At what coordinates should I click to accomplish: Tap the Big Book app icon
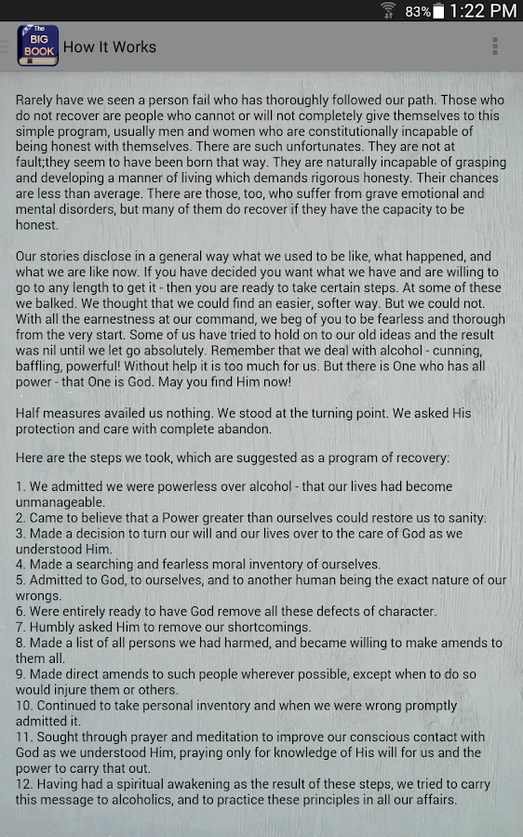point(38,46)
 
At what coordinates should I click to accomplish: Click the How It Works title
point(110,46)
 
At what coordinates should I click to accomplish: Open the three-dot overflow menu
point(495,46)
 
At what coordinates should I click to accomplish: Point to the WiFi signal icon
point(388,11)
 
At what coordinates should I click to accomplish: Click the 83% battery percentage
point(418,12)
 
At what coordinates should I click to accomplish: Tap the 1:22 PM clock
point(482,11)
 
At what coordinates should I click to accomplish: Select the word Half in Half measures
point(32,413)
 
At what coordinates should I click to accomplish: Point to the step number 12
point(24,784)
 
